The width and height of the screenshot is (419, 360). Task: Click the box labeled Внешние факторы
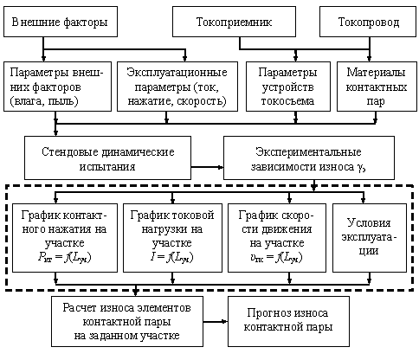pyautogui.click(x=61, y=22)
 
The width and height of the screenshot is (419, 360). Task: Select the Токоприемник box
pyautogui.click(x=234, y=22)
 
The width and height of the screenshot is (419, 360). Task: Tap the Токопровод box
pyautogui.click(x=368, y=22)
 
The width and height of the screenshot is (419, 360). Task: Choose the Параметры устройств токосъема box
pyautogui.click(x=288, y=87)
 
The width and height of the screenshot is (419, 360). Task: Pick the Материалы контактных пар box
pyautogui.click(x=377, y=87)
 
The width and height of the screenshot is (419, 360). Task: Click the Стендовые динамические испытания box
pyautogui.click(x=107, y=157)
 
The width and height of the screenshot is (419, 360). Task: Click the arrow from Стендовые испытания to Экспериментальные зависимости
pyautogui.click(x=207, y=167)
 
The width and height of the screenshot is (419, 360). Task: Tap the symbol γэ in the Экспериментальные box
pyautogui.click(x=362, y=168)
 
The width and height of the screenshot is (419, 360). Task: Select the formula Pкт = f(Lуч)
pyautogui.click(x=64, y=258)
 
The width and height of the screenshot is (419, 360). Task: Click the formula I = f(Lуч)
pyautogui.click(x=172, y=258)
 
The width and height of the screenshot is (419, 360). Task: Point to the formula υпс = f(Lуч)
pyautogui.click(x=276, y=258)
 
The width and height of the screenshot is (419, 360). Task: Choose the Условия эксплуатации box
pyautogui.click(x=370, y=238)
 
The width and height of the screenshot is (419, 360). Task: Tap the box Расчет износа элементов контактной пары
pyautogui.click(x=127, y=321)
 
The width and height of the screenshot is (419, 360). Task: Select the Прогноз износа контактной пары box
pyautogui.click(x=288, y=321)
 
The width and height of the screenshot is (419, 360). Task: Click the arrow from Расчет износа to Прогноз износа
pyautogui.click(x=216, y=321)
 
